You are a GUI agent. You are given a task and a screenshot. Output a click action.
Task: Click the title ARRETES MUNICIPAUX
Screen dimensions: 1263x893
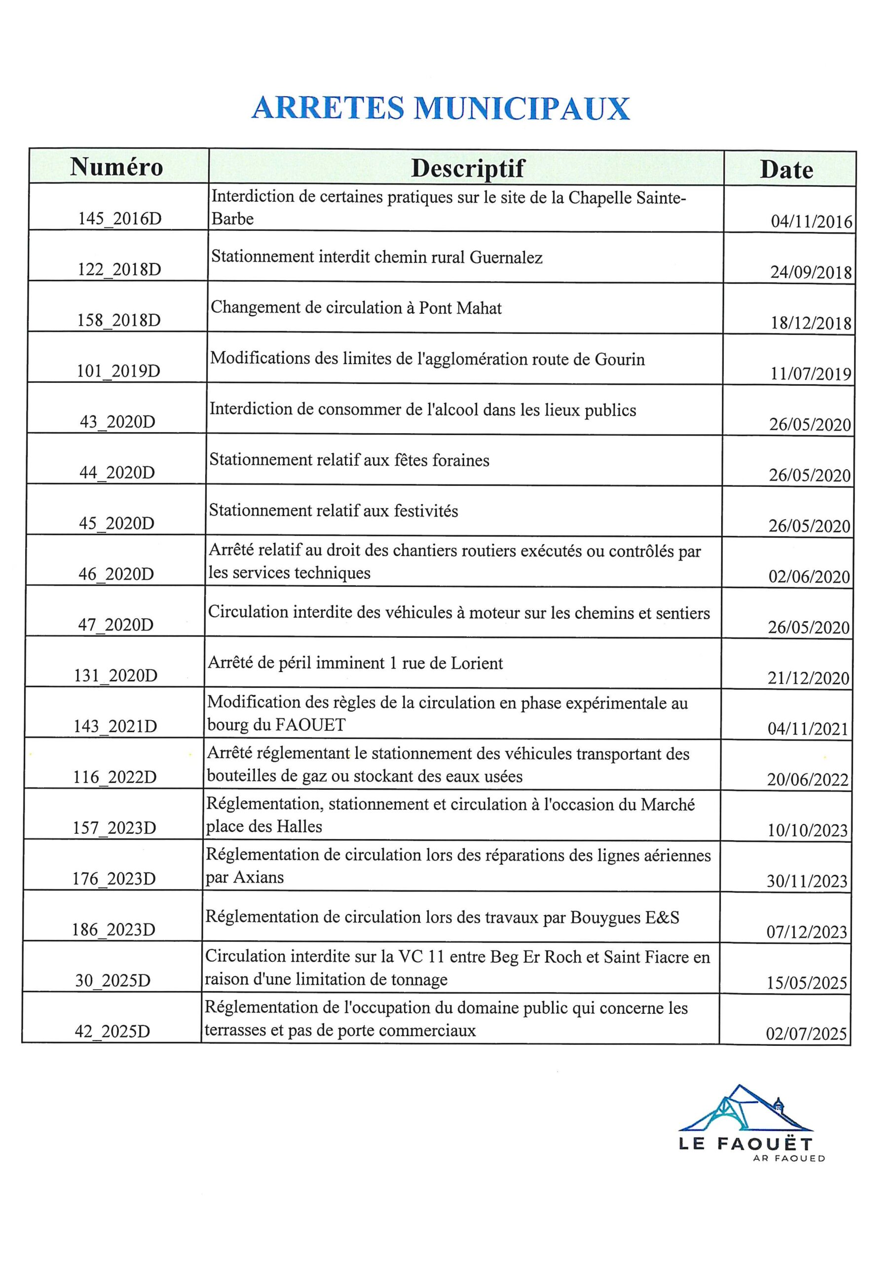[x=440, y=109]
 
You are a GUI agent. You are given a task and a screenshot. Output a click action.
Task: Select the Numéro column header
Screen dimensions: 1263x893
[x=116, y=167]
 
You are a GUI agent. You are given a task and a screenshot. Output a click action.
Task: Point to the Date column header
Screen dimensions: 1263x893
[x=786, y=171]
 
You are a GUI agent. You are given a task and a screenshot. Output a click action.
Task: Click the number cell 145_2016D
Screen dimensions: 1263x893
[x=120, y=219]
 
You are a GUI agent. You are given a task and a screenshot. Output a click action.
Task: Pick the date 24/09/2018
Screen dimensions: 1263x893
[x=811, y=273]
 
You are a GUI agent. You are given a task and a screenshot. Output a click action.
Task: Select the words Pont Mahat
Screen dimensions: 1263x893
[x=460, y=308]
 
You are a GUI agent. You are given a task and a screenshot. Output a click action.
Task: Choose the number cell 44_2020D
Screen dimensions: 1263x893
[x=117, y=473]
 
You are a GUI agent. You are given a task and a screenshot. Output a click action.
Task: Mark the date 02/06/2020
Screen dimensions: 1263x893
[x=809, y=577]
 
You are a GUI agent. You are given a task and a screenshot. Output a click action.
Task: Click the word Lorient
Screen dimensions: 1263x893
[x=477, y=664]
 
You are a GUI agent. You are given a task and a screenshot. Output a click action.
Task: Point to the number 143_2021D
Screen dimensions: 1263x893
[x=115, y=727]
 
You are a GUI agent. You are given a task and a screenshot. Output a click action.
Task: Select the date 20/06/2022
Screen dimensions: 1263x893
[x=808, y=780]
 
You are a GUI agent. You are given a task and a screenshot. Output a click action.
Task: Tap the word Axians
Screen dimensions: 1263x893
[x=259, y=877]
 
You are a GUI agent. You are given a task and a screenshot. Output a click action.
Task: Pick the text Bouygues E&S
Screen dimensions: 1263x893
[x=625, y=918]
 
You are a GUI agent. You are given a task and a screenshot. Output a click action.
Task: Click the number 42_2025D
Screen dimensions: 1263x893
[x=112, y=1032]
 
